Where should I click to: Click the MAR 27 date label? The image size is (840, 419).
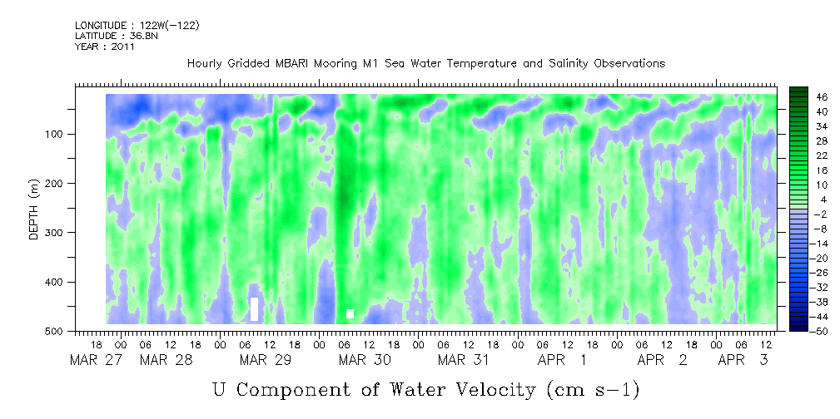pyautogui.click(x=90, y=360)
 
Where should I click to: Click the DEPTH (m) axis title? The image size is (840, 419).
pyautogui.click(x=34, y=213)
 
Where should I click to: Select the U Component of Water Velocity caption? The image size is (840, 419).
pyautogui.click(x=425, y=389)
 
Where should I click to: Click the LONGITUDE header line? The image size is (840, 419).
pyautogui.click(x=137, y=26)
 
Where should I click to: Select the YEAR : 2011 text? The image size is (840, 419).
pyautogui.click(x=105, y=47)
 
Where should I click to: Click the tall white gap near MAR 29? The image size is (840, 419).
pyautogui.click(x=255, y=308)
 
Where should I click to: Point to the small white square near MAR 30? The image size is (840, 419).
pyautogui.click(x=350, y=313)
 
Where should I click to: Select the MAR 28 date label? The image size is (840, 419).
pyautogui.click(x=161, y=360)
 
